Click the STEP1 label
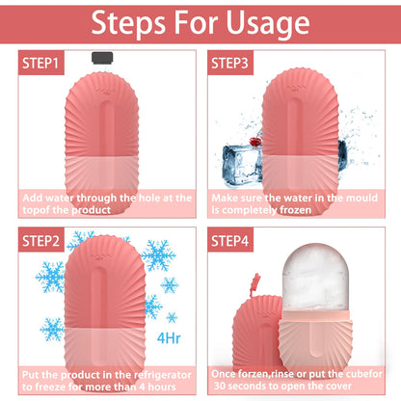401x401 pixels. [x=41, y=64]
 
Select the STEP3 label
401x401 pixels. [x=230, y=64]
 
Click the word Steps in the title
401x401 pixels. [x=127, y=22]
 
